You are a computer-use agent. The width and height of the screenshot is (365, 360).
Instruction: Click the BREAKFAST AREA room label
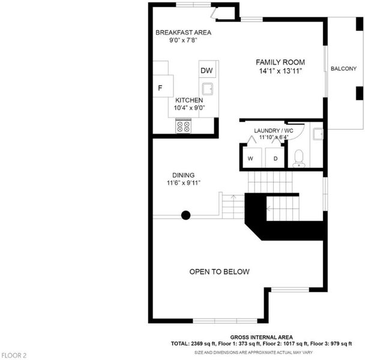(x=183, y=32)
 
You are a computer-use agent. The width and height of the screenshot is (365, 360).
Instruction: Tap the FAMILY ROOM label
(x=280, y=62)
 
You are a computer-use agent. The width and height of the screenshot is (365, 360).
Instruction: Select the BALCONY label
(x=343, y=68)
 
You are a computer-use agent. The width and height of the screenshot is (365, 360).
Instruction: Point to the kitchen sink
(x=207, y=89)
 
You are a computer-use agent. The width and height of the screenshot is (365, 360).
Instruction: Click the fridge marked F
(x=163, y=86)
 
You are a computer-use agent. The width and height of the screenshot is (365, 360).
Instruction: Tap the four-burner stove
(x=183, y=126)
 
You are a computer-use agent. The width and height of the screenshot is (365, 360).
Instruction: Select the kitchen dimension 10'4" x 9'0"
(x=189, y=108)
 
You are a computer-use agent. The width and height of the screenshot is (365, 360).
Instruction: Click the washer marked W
(x=251, y=157)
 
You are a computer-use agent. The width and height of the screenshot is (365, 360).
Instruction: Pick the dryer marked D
(x=275, y=157)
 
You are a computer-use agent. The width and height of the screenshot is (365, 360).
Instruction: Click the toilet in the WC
(x=299, y=158)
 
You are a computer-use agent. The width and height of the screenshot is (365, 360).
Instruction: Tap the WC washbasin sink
(x=318, y=134)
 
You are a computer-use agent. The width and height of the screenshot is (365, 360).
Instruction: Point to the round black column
(x=186, y=215)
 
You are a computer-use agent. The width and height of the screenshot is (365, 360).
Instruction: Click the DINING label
(x=184, y=175)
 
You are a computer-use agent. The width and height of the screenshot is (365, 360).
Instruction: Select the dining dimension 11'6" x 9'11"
(x=184, y=183)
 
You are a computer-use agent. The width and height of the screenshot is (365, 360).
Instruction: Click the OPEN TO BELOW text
(x=219, y=272)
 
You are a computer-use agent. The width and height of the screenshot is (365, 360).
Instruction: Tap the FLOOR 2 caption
(x=14, y=356)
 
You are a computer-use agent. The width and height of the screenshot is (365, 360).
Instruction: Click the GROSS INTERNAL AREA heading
(x=261, y=337)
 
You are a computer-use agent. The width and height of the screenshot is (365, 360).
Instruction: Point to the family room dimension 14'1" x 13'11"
(x=280, y=71)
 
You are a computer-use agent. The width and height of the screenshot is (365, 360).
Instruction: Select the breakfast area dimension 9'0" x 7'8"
(x=183, y=40)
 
